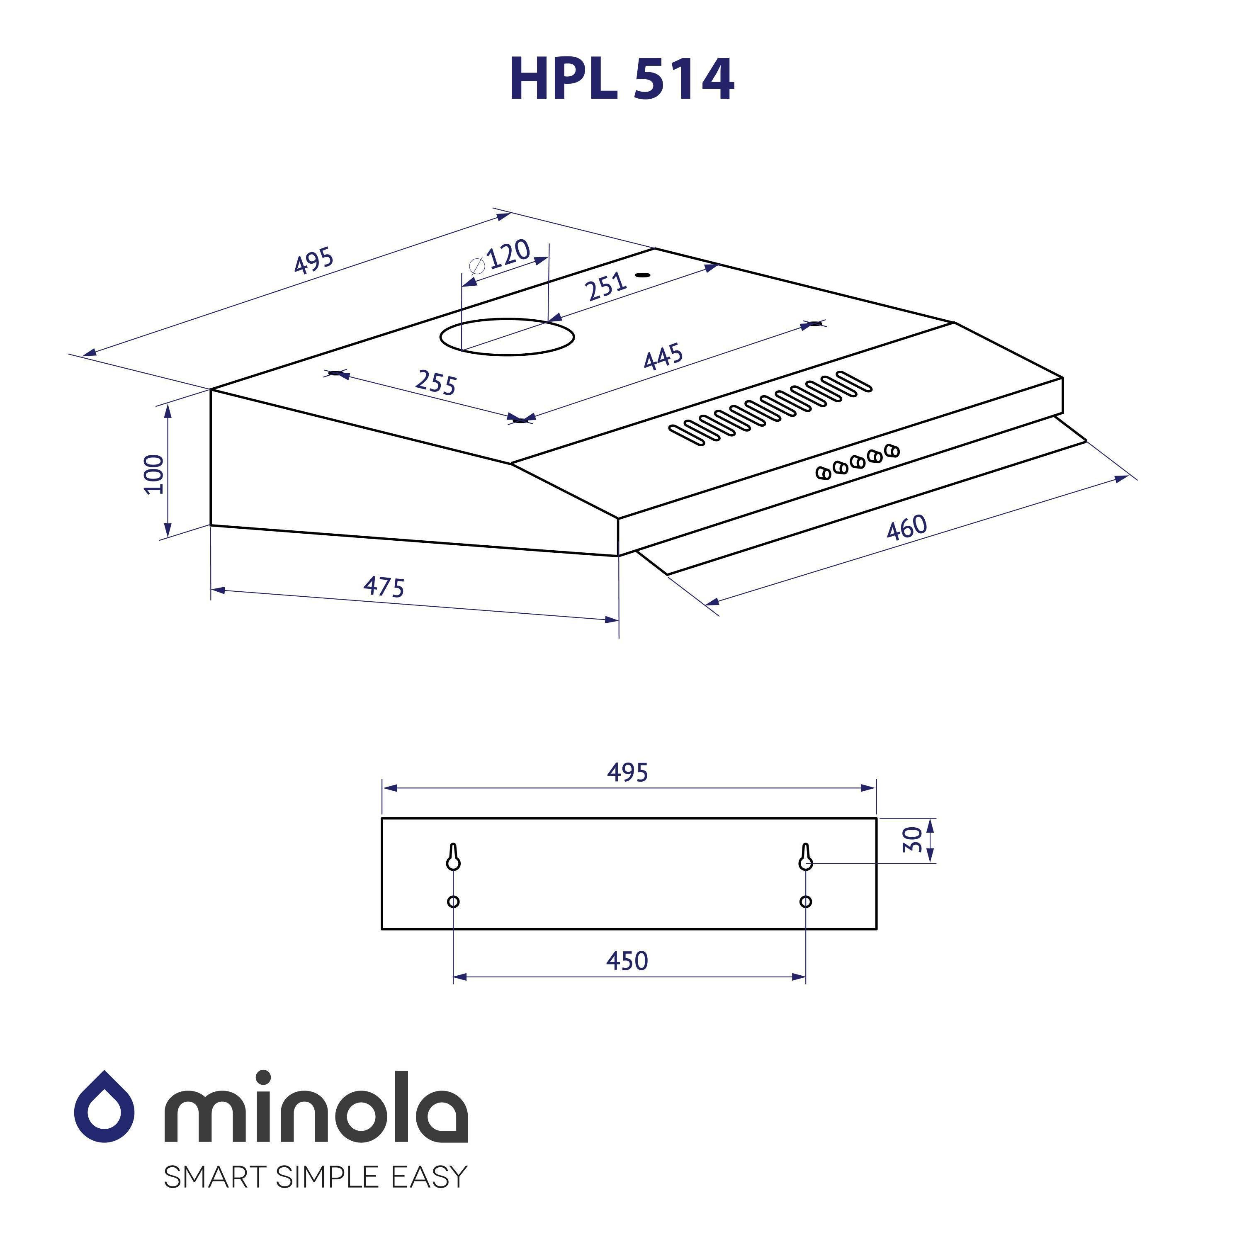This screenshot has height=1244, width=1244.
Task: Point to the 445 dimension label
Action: coord(663,357)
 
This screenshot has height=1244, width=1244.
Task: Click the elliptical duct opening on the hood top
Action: coord(507,337)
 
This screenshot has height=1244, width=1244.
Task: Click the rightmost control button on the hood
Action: coord(892,451)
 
